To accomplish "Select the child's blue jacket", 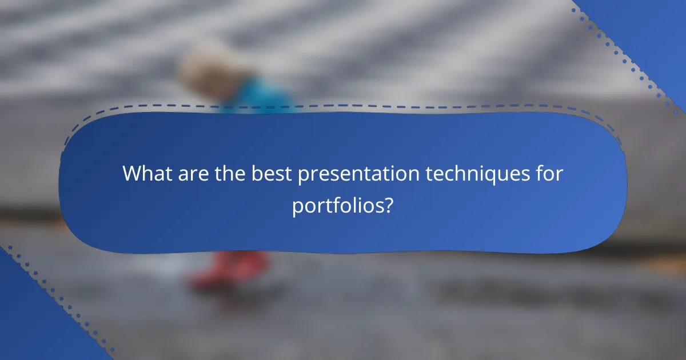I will (260, 94).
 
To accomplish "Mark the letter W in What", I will (133, 174).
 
